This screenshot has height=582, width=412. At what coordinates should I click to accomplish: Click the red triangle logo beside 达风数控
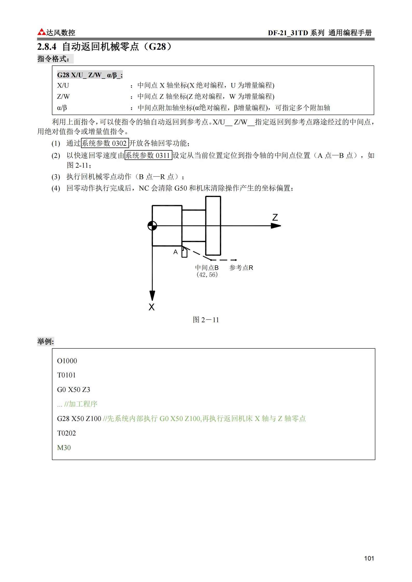pos(42,32)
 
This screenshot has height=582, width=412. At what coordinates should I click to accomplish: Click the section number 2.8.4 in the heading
pos(47,47)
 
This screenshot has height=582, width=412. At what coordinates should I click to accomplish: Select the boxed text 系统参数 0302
pos(105,143)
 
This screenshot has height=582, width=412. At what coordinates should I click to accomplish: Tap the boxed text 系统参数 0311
pos(148,155)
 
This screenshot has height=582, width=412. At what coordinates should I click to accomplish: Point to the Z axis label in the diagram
pos(275,217)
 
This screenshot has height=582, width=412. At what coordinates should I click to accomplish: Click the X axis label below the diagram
pos(152,307)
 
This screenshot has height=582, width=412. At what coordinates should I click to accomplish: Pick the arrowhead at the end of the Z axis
pos(276,226)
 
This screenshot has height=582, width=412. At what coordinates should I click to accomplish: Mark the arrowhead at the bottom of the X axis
pos(152,295)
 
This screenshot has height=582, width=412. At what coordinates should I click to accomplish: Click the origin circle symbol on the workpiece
pos(152,226)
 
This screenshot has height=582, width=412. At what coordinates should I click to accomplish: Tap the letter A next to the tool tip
pos(175,252)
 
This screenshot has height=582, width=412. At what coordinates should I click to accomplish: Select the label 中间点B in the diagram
pos(207,268)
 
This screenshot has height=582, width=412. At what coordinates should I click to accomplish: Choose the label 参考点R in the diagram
pos(241,268)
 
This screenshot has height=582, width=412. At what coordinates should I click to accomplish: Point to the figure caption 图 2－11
pos(206,320)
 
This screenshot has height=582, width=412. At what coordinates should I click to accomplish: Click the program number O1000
pos(67,361)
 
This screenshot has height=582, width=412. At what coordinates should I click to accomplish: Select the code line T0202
pos(66,433)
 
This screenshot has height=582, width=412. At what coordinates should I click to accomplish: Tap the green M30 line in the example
pos(64,448)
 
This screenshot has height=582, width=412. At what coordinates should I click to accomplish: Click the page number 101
pos(369,558)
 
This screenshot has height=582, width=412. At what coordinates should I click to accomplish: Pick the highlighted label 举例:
pos(45,341)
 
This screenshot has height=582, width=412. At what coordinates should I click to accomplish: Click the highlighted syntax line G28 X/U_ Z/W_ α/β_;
pos(90,75)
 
